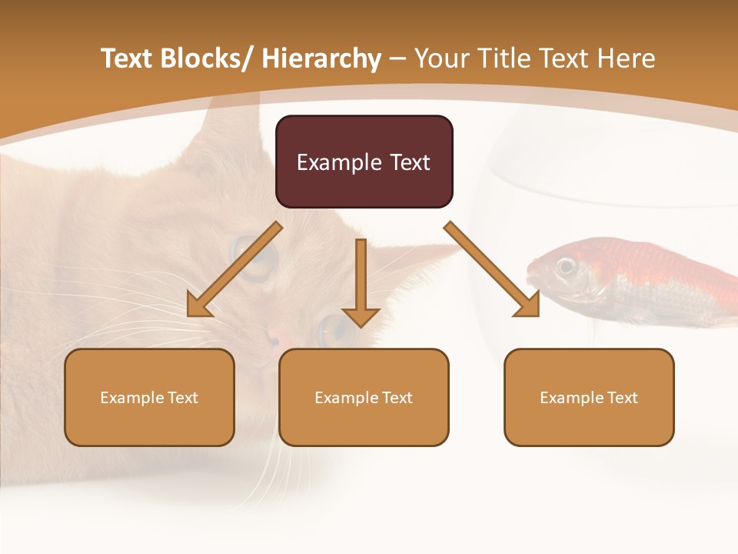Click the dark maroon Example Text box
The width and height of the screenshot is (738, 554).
(364, 162)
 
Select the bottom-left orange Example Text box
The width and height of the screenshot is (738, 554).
(149, 397)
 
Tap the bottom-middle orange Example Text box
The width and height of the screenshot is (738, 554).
(364, 397)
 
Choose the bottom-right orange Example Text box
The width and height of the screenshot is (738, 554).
(589, 397)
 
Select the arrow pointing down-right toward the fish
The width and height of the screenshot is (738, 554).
(493, 270)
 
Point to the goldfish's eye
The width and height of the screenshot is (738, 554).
(567, 266)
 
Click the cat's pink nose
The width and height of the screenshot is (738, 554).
(274, 337)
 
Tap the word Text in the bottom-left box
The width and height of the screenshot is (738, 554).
(183, 398)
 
